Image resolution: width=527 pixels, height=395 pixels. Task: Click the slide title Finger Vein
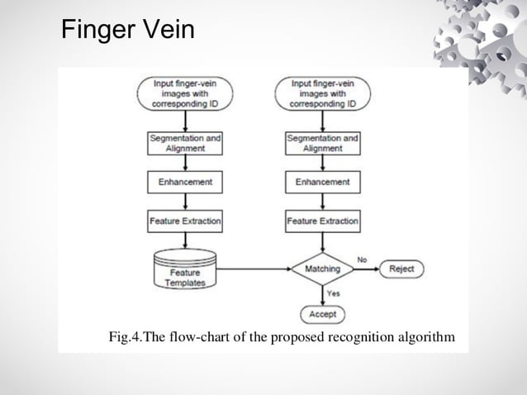(128, 31)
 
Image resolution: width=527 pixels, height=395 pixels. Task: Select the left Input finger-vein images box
(185, 93)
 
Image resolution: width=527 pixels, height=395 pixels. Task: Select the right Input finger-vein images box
(322, 93)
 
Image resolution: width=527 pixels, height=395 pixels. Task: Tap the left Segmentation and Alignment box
(185, 143)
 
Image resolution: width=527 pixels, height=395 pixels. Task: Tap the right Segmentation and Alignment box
(322, 143)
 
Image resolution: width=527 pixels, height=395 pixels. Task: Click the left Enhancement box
(185, 182)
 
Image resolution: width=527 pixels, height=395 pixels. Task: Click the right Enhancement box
(322, 182)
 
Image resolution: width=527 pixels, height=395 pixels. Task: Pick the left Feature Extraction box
(185, 221)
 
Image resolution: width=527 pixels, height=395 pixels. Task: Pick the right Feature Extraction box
(322, 221)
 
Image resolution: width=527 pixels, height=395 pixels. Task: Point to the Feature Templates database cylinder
(185, 271)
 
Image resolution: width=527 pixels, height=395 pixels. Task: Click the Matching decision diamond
(322, 269)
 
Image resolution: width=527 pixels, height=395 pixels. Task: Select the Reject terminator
(401, 269)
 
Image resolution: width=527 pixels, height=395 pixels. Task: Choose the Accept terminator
(322, 314)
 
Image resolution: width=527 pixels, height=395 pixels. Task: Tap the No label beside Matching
(362, 259)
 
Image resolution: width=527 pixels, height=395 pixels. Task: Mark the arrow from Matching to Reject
(367, 269)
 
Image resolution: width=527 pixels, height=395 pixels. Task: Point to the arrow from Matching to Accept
(322, 295)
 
